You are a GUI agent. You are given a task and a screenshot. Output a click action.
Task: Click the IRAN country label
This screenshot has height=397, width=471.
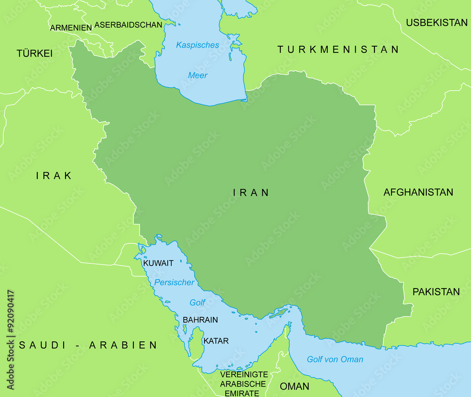click(251, 192)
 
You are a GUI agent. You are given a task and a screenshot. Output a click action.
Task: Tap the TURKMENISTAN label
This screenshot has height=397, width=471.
click(338, 50)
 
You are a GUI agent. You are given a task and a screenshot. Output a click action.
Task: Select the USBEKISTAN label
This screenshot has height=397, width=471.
click(437, 23)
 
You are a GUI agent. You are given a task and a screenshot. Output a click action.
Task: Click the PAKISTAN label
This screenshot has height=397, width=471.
click(436, 292)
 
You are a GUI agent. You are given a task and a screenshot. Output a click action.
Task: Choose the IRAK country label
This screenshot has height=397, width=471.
click(54, 176)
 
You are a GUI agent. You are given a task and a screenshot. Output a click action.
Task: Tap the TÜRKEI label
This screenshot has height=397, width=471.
click(34, 54)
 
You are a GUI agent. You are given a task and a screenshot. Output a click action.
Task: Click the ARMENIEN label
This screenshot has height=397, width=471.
click(71, 28)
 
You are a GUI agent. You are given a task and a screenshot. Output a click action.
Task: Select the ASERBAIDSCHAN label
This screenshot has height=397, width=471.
click(128, 25)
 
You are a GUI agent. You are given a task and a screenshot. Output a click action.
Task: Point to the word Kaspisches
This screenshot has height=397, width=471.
click(197, 45)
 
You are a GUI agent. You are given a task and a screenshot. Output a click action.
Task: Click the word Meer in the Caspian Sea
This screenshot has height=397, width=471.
click(198, 75)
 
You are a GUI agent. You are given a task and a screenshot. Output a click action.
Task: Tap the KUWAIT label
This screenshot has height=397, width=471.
click(158, 263)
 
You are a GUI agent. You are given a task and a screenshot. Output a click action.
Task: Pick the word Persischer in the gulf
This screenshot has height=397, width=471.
click(174, 282)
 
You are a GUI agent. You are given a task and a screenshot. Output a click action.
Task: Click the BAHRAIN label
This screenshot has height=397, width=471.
click(200, 320)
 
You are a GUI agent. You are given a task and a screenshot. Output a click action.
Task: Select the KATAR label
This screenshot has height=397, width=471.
click(216, 341)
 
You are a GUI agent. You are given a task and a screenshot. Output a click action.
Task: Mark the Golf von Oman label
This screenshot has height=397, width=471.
click(335, 359)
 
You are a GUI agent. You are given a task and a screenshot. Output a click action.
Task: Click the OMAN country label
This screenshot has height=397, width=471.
click(294, 387)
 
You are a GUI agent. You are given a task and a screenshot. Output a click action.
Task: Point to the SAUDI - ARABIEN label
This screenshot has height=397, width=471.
click(88, 345)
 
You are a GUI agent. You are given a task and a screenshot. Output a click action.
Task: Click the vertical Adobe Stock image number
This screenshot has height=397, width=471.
click(11, 339)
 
